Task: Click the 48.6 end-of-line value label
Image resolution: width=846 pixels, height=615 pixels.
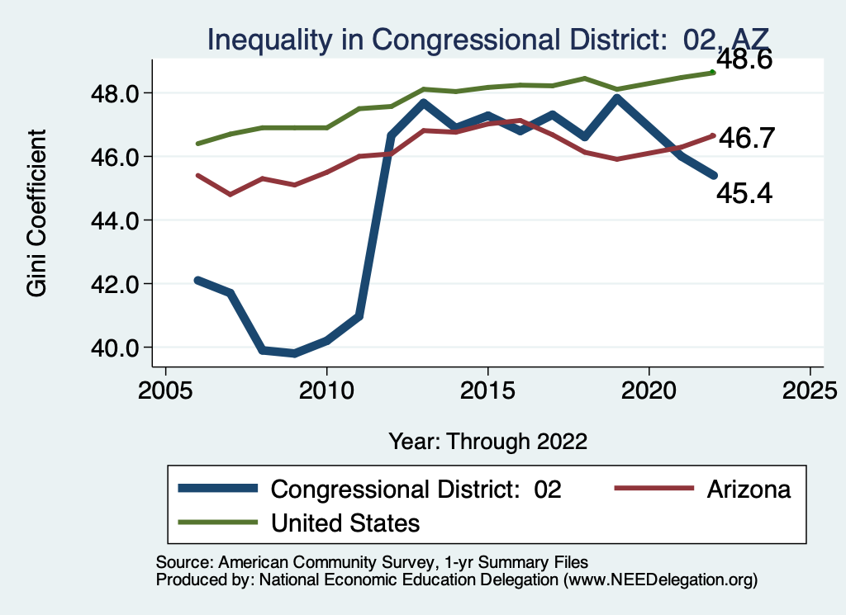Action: point(743,60)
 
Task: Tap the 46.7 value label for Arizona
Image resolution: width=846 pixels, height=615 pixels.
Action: point(745,138)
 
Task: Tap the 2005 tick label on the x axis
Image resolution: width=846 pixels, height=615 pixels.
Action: point(166,389)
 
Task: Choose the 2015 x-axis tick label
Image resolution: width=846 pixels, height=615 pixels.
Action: point(487,389)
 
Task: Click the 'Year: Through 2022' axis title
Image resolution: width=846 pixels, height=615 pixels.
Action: point(487,441)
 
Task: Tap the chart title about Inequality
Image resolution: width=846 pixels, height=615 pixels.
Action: point(487,39)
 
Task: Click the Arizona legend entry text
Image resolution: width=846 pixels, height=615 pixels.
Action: point(749,489)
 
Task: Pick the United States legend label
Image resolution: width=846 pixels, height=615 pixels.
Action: point(345,523)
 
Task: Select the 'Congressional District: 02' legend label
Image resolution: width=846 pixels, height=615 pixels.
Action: point(416,489)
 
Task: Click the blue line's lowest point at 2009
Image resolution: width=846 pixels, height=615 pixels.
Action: point(295,353)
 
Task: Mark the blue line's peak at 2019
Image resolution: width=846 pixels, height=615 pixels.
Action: point(616,98)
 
